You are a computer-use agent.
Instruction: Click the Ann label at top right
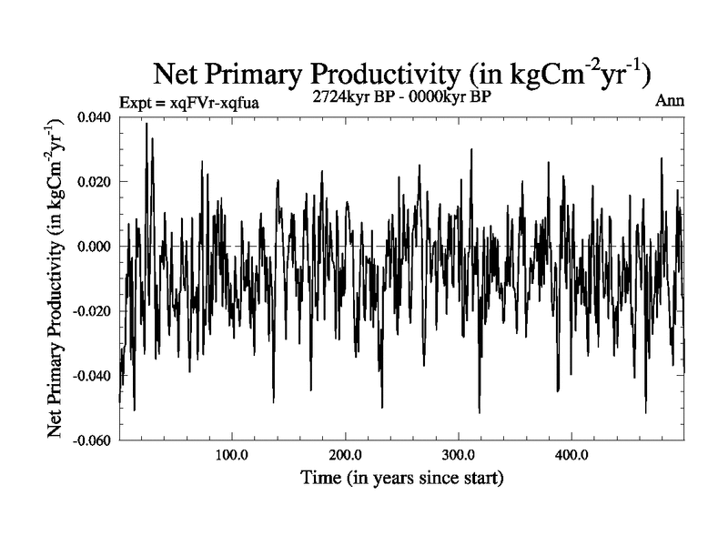670,100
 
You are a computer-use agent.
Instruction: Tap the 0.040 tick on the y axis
95,117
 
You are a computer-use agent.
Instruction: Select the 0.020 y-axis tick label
95,182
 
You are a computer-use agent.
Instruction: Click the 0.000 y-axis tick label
95,247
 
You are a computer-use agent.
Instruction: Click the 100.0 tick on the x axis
232,455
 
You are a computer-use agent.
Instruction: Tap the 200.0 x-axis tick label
345,455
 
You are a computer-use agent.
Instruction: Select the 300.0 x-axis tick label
458,455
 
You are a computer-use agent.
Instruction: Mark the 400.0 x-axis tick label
571,455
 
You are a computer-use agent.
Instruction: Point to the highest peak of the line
146,124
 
